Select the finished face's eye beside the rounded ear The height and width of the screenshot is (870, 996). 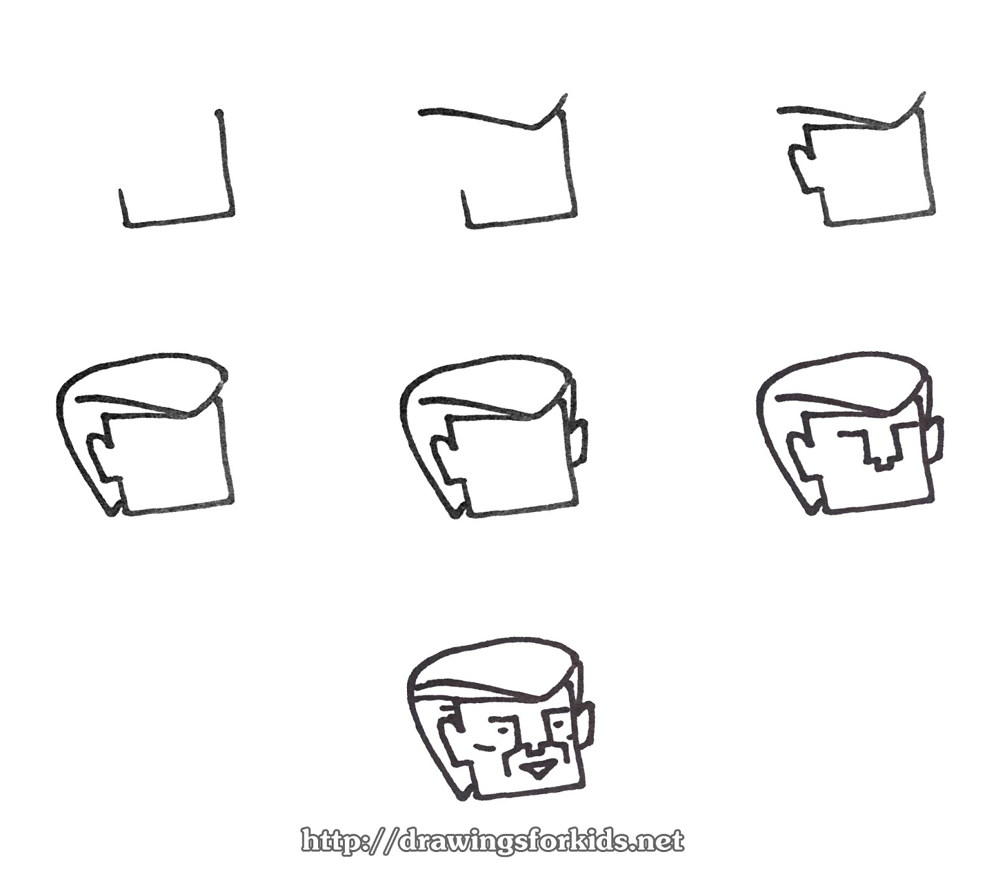point(559,723)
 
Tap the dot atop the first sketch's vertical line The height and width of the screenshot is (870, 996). point(218,114)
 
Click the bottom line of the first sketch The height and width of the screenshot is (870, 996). point(178,219)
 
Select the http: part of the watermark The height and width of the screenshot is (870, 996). point(339,841)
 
